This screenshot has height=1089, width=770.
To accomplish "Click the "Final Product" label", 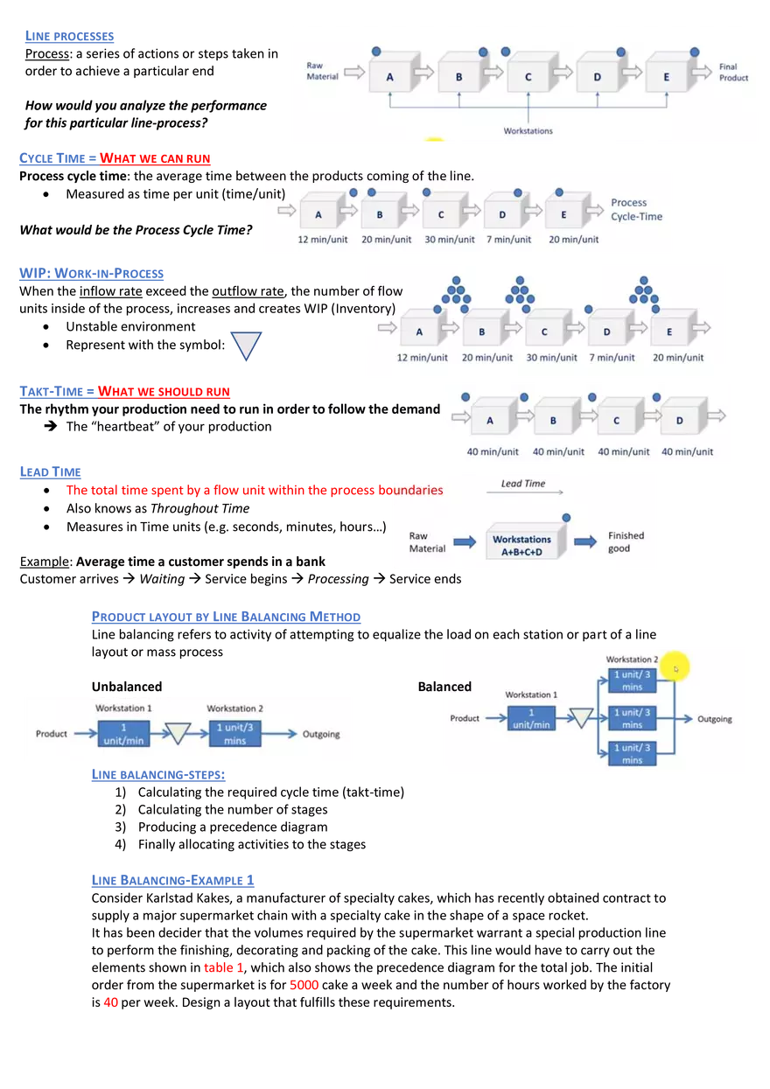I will pos(733,72).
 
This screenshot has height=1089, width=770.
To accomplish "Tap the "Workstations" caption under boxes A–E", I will pos(528,131).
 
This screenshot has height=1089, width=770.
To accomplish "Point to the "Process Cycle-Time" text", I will pos(636,209).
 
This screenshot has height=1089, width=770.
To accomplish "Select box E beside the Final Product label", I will pos(666,76).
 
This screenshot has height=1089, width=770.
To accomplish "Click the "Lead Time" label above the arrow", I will pos(523,484).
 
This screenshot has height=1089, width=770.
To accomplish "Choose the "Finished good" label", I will pos(626,541).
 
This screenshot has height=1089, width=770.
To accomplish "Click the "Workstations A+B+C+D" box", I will pos(521,545).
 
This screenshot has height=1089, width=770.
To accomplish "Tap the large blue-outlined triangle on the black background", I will pos(245,344).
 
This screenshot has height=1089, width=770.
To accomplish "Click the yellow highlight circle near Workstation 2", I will pos(675,668).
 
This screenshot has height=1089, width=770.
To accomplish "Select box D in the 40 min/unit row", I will pos(679,420).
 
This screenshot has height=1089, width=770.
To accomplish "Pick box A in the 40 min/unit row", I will pos(490,420).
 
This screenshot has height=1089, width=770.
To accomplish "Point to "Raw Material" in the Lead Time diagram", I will pos(427,541).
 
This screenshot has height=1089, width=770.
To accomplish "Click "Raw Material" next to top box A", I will pos(321,71).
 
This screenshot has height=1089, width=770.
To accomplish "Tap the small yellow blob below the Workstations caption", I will pos(434,141).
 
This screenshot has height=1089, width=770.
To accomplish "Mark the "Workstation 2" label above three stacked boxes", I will pos(632,660).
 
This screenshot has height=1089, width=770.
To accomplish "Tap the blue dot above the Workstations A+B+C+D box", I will pos(566,518).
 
